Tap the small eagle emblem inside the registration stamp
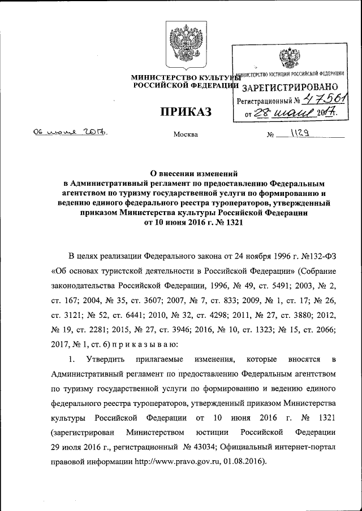(291, 59)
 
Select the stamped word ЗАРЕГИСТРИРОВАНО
(290, 87)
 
